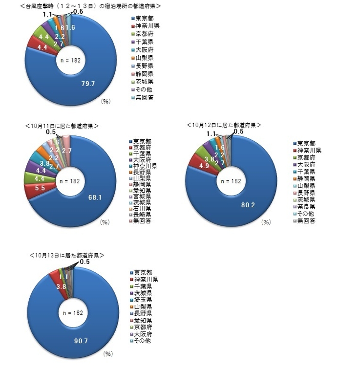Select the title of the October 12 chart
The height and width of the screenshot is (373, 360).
(224, 126)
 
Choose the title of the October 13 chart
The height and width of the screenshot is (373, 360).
(67, 256)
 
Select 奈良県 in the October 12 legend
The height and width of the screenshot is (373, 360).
(306, 206)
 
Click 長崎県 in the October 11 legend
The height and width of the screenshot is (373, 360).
(144, 215)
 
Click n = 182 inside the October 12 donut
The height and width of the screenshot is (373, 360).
(229, 181)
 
